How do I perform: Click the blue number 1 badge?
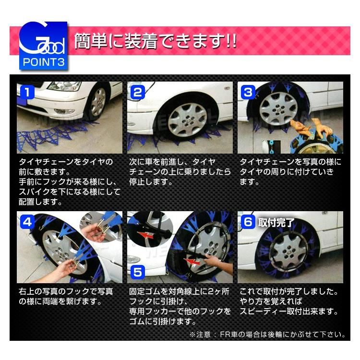click(x=27, y=91)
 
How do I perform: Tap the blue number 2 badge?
click(x=138, y=91)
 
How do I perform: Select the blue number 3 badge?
click(x=248, y=91)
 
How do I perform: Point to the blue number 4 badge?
click(x=27, y=221)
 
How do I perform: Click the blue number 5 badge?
click(x=138, y=272)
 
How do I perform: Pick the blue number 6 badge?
click(x=248, y=222)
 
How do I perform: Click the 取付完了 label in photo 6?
click(x=276, y=222)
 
